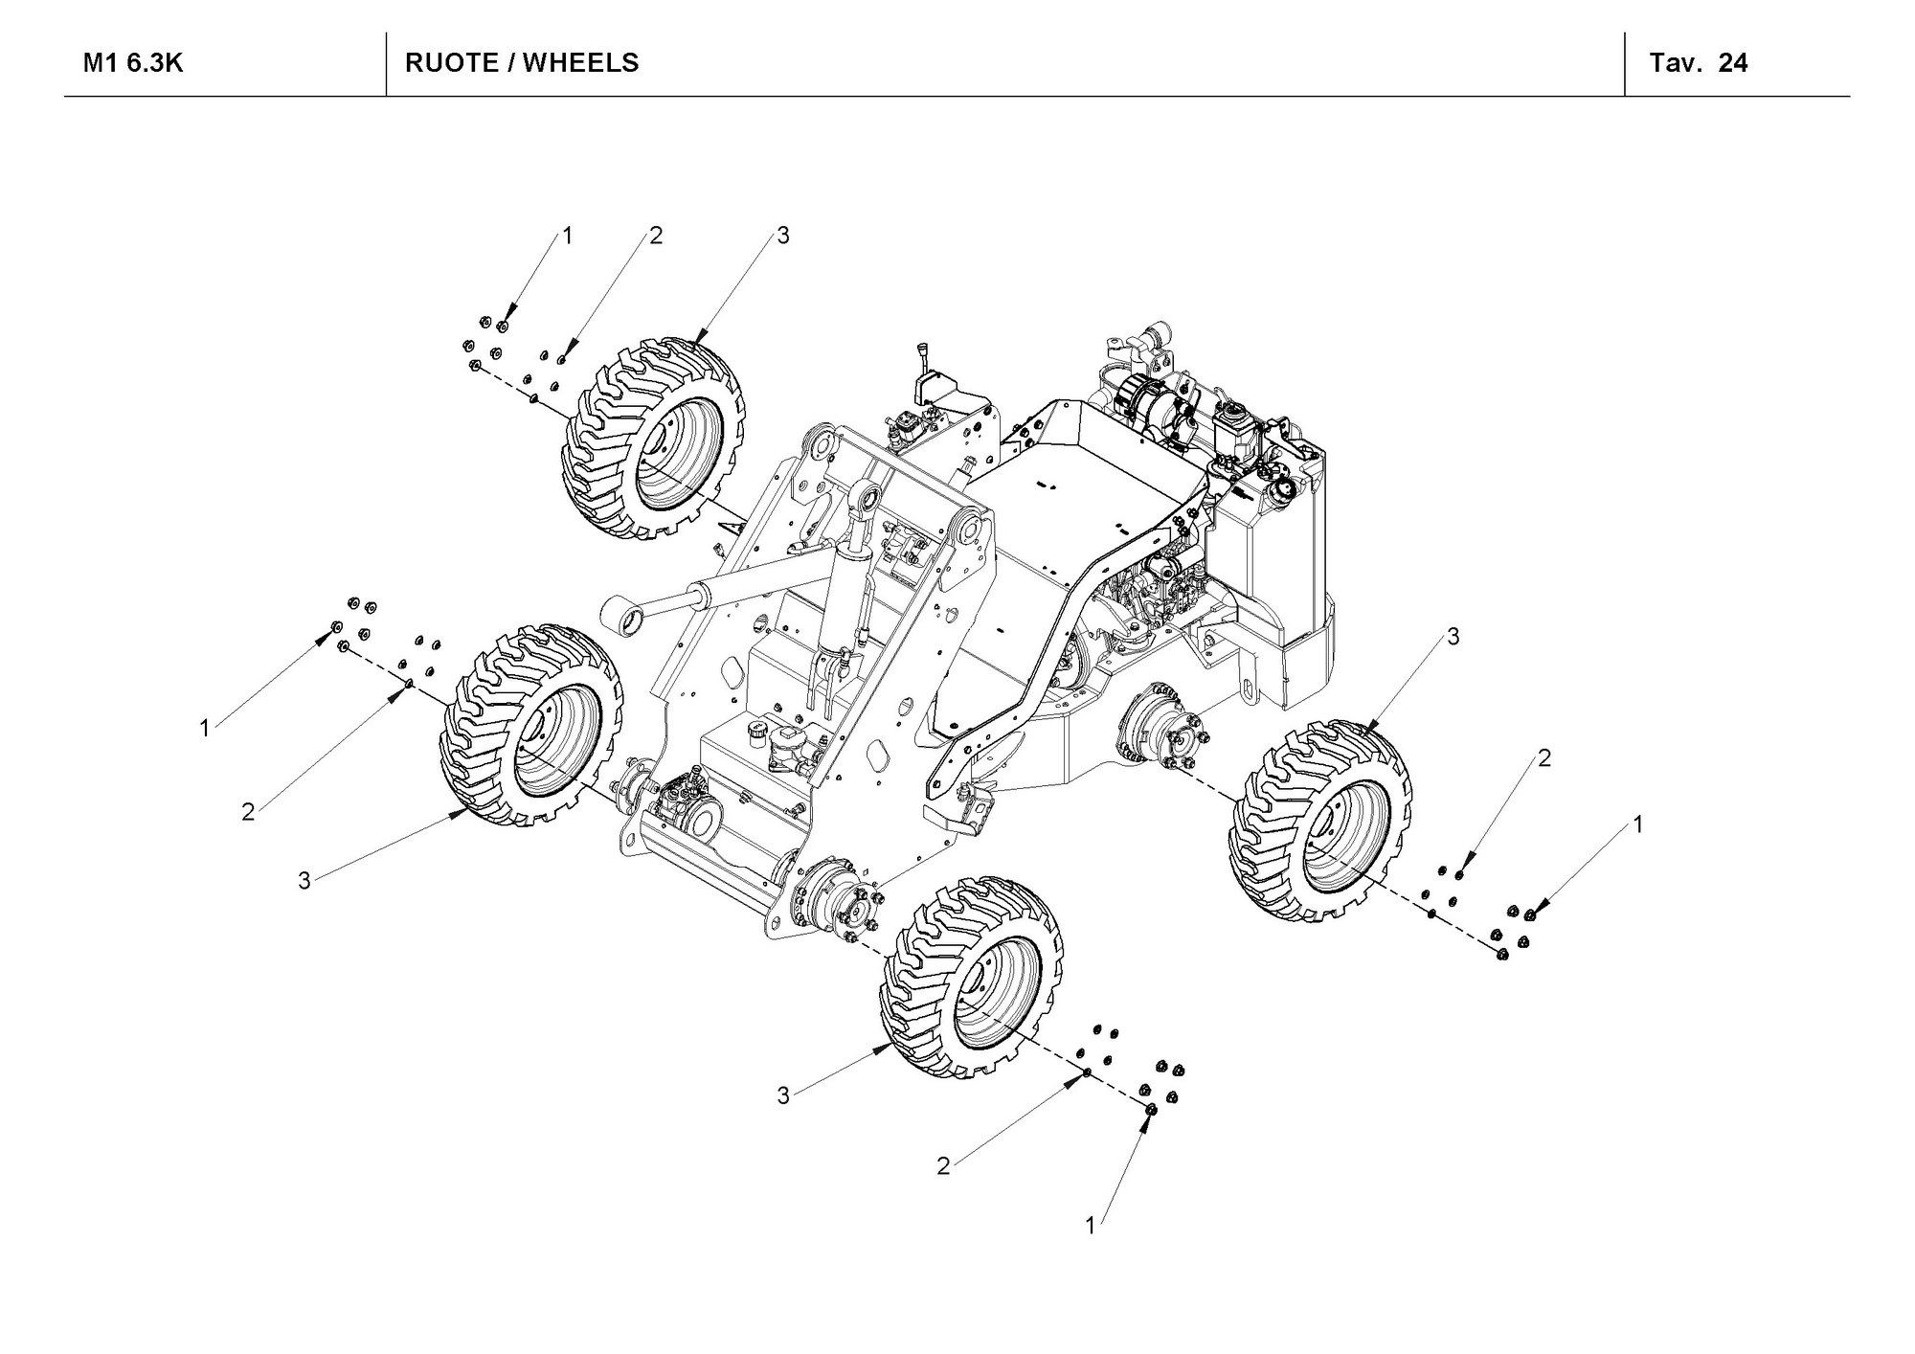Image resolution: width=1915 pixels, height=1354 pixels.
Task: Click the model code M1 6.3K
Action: pos(132,63)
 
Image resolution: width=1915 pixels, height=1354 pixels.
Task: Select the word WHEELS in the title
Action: pos(580,63)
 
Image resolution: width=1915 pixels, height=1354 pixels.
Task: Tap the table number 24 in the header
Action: pos(1732,63)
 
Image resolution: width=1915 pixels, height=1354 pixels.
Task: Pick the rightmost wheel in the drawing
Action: pos(1320,823)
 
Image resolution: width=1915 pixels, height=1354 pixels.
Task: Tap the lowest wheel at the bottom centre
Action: pos(971,977)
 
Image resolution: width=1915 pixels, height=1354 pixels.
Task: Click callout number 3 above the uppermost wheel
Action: pos(783,236)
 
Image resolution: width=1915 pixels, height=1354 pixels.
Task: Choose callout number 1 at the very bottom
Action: pos(1090,1225)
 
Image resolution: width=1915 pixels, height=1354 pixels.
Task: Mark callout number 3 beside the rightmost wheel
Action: pos(1453,636)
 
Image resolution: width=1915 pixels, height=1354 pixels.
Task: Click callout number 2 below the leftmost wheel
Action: pos(248,812)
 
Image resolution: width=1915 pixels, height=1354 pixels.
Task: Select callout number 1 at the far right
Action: pos(1637,824)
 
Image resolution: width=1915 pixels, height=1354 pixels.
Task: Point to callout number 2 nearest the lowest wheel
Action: pos(943,1166)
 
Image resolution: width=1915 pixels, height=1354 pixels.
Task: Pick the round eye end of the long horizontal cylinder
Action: pos(621,615)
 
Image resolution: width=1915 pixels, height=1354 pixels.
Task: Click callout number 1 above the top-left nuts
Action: pos(567,236)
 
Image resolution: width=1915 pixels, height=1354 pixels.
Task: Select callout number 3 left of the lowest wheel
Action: pos(783,1095)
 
